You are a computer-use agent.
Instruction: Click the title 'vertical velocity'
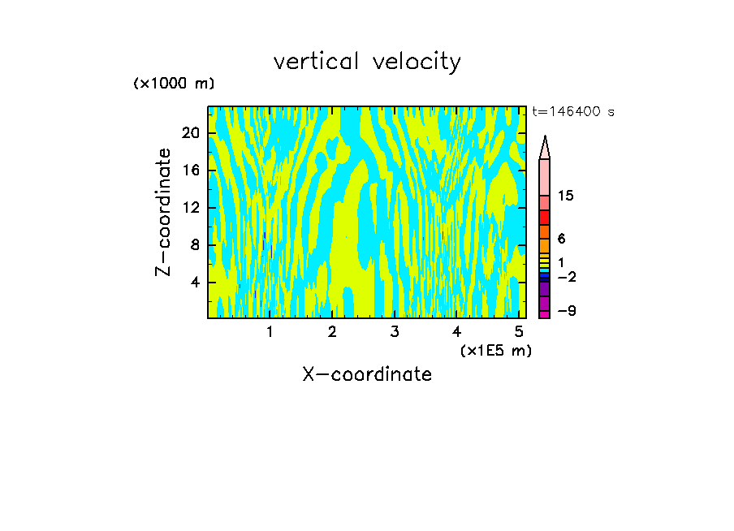(x=367, y=62)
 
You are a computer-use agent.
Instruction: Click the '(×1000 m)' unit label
(x=174, y=84)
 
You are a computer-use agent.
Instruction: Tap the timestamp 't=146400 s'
(x=573, y=112)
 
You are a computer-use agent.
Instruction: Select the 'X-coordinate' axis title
(x=367, y=374)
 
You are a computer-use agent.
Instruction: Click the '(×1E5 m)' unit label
(x=495, y=350)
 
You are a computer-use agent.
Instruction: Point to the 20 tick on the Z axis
(x=190, y=133)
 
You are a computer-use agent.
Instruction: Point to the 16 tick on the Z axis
(x=190, y=171)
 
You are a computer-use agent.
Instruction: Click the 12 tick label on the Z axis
(x=190, y=208)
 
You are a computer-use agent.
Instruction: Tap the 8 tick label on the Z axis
(x=194, y=245)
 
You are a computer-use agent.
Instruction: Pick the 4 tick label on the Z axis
(x=194, y=283)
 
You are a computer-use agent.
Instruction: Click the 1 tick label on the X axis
(x=270, y=331)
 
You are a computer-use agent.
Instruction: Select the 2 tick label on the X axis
(x=332, y=331)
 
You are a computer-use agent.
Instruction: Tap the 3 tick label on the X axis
(x=395, y=331)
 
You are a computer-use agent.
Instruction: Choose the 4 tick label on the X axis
(x=456, y=331)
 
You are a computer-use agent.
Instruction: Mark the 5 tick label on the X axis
(x=519, y=331)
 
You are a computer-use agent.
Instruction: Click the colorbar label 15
(x=566, y=196)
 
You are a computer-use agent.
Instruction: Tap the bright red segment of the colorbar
(x=545, y=218)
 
